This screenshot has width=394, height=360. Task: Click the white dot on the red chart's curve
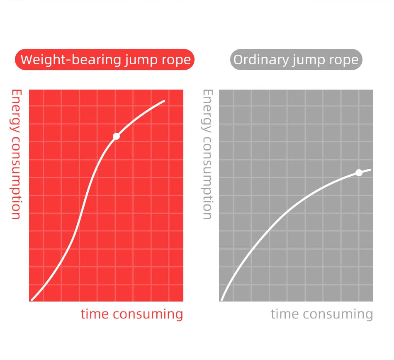116,136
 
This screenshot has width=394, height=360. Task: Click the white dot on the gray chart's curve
359,173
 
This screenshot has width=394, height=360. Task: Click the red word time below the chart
95,314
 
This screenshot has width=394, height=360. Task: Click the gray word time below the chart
285,314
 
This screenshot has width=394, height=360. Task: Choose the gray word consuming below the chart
338,314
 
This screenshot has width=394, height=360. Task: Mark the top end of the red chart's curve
164,101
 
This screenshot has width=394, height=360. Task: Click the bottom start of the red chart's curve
32,299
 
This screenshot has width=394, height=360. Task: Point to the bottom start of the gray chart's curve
222,299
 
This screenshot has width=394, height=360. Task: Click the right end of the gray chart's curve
370,170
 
